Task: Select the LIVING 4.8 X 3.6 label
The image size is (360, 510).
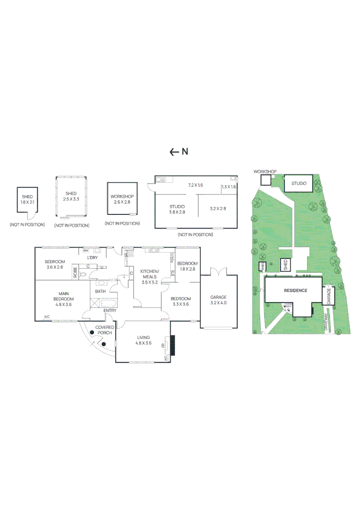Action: pyautogui.click(x=143, y=340)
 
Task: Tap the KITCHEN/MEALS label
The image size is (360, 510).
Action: pyautogui.click(x=150, y=274)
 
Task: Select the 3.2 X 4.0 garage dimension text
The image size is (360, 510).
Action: pyautogui.click(x=218, y=303)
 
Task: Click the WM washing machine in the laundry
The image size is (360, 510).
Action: pyautogui.click(x=86, y=251)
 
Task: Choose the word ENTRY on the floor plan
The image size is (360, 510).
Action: pyautogui.click(x=110, y=310)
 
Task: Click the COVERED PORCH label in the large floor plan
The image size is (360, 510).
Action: pyautogui.click(x=104, y=330)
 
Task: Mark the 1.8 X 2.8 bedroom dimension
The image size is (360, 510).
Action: pyautogui.click(x=187, y=269)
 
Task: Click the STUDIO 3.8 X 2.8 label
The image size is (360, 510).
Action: pyautogui.click(x=177, y=210)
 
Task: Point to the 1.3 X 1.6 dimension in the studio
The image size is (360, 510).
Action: pyautogui.click(x=228, y=187)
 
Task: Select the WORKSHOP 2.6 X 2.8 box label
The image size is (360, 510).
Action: pyautogui.click(x=122, y=199)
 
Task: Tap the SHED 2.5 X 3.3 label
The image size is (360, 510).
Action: pyautogui.click(x=71, y=196)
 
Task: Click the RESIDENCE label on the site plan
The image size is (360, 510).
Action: pyautogui.click(x=295, y=291)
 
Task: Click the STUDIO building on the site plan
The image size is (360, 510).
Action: pyautogui.click(x=298, y=183)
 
